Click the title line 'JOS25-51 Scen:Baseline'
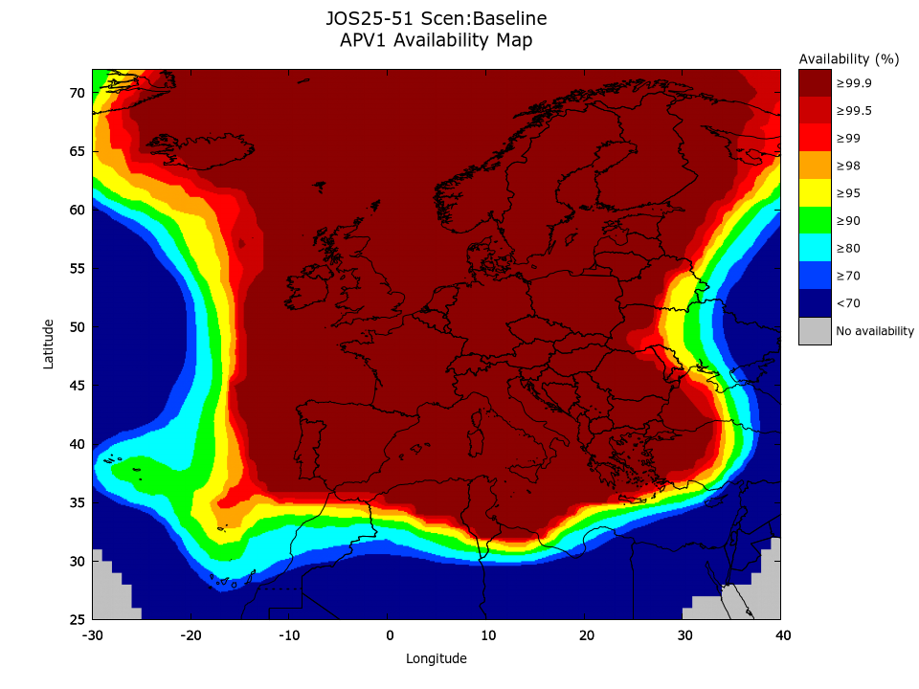point(436,19)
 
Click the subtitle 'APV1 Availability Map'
point(436,40)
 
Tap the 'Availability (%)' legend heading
point(849,59)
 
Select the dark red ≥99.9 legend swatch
point(815,83)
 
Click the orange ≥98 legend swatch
point(815,166)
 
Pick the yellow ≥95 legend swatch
point(815,193)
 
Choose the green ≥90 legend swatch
point(815,221)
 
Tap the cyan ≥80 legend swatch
point(815,249)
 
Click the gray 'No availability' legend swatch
point(815,331)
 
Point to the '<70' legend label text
point(847,304)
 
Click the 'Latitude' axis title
point(49,344)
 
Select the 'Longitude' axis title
point(437,658)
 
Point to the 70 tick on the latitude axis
point(77,93)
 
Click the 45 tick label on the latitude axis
point(77,386)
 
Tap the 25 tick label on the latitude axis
point(77,619)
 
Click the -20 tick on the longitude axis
point(191,635)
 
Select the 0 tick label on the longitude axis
point(389,635)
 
